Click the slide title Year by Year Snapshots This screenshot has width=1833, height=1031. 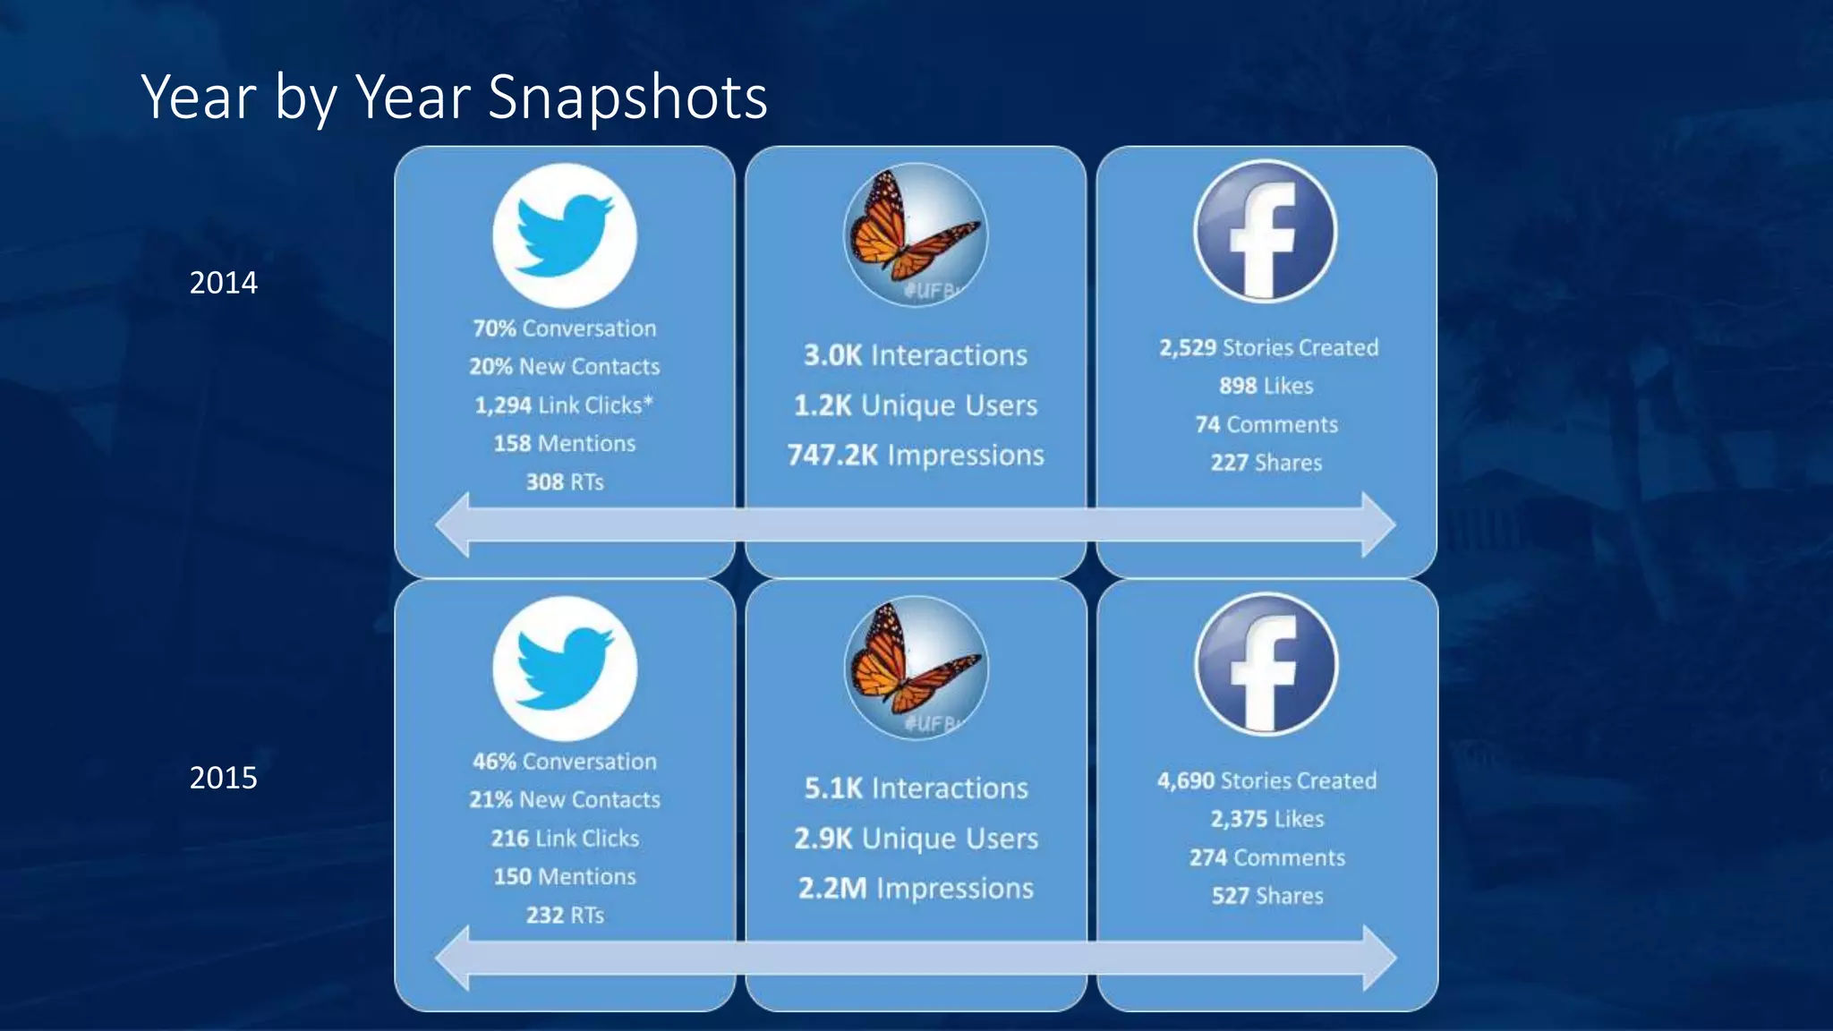click(454, 97)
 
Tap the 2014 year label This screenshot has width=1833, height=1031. click(223, 283)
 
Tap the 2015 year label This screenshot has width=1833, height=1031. click(223, 778)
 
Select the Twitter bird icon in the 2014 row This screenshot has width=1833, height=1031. click(565, 235)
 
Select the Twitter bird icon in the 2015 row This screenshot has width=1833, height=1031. click(565, 669)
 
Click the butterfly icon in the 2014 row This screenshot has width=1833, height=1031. click(916, 234)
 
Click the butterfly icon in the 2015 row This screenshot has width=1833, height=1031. click(916, 668)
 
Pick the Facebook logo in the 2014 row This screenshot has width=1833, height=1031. click(1266, 232)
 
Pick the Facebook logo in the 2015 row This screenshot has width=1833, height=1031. click(1266, 665)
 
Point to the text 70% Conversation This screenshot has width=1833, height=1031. click(565, 328)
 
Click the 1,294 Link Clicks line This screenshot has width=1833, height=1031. click(564, 405)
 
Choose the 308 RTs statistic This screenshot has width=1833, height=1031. click(565, 482)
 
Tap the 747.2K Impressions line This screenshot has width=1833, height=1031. click(916, 456)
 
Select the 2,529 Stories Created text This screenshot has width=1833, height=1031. click(1268, 347)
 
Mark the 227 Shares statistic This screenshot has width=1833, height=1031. click(1266, 463)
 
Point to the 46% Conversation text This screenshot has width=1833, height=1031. click(565, 762)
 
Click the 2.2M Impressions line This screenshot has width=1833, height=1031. click(916, 889)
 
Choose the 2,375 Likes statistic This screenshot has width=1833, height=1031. click(1267, 819)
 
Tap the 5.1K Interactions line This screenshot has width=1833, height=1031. click(916, 788)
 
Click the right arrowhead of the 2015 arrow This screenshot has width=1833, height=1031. click(1379, 958)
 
